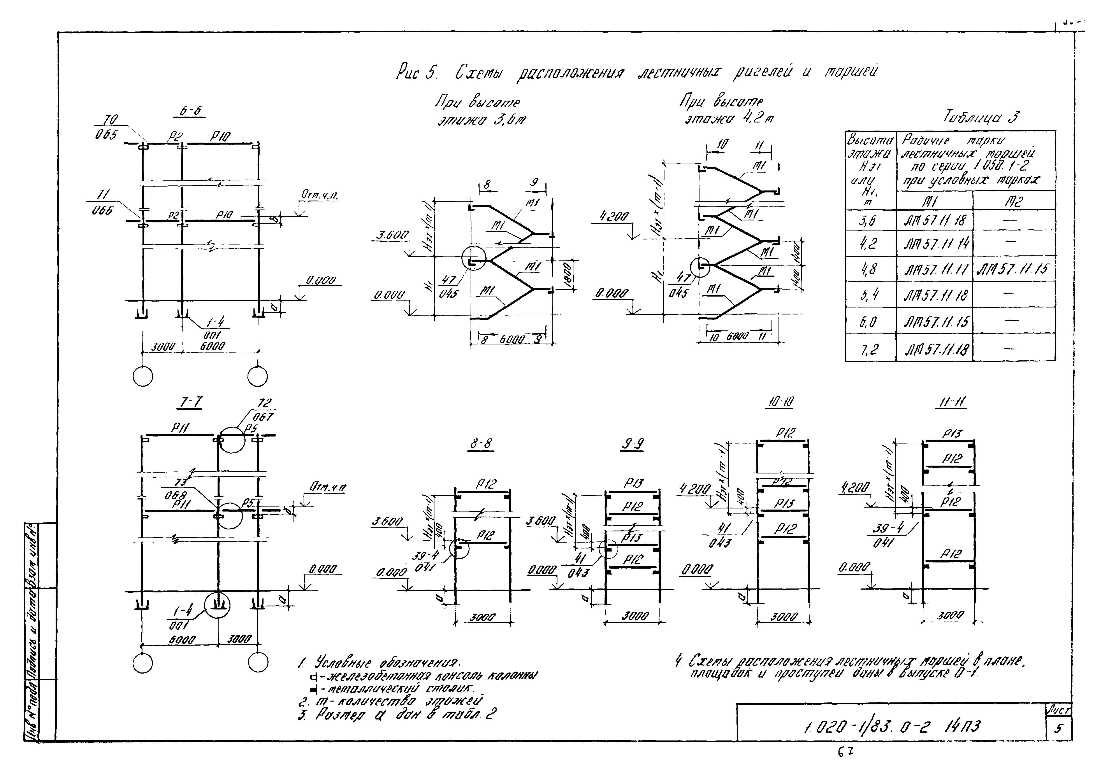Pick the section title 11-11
[x=950, y=402]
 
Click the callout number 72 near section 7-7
[x=265, y=404]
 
